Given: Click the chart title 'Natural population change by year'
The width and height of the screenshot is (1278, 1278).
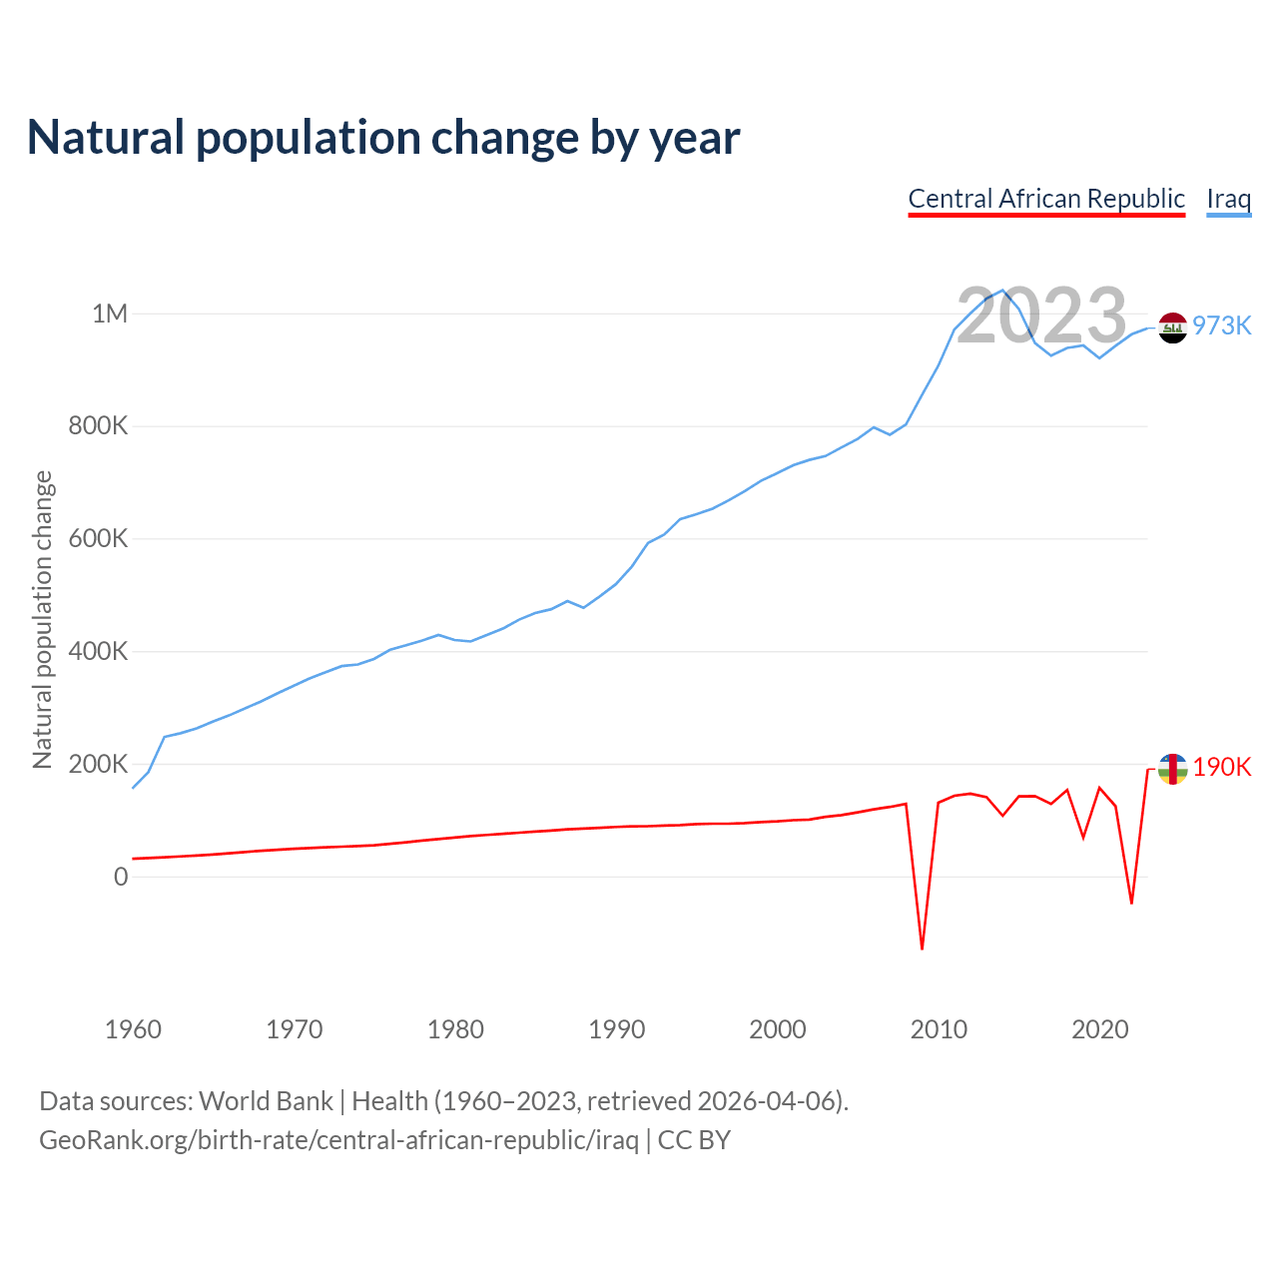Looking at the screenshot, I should point(383,138).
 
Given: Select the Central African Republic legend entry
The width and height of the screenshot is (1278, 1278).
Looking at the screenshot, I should point(1046,199).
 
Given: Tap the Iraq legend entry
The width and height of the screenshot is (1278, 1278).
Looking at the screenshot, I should point(1228,199).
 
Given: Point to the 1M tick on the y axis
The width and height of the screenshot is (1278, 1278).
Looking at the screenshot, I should point(110,314).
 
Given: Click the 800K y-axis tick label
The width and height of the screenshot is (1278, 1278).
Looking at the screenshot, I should point(99,426).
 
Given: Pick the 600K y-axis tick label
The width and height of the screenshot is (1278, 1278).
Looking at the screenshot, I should point(99,539).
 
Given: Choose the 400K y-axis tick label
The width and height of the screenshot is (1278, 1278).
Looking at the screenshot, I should point(99,652).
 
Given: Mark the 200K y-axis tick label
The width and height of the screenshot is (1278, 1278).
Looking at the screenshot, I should point(99,765).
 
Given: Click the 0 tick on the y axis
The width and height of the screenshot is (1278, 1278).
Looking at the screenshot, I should point(121,877).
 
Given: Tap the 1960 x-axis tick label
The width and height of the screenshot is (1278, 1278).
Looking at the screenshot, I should point(133,1029).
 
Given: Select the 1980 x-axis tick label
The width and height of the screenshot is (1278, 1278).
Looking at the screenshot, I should point(455,1029).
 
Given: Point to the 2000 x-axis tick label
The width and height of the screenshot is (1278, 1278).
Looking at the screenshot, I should point(778,1029).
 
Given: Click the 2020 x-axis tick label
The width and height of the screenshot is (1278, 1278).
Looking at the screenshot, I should point(1099,1029).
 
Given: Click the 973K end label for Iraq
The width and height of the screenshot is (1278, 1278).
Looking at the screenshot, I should point(1222,326).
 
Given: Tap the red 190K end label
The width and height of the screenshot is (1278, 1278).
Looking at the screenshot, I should point(1222,767).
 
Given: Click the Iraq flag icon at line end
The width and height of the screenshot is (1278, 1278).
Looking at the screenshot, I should point(1172,327).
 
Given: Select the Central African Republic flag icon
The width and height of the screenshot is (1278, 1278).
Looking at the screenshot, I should point(1172,769).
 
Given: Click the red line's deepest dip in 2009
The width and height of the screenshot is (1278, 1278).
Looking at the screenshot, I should point(922,948).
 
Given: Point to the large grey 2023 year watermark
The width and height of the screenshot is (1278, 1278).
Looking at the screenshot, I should point(1041,316).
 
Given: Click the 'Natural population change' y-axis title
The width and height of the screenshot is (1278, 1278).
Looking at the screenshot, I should point(43,620).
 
